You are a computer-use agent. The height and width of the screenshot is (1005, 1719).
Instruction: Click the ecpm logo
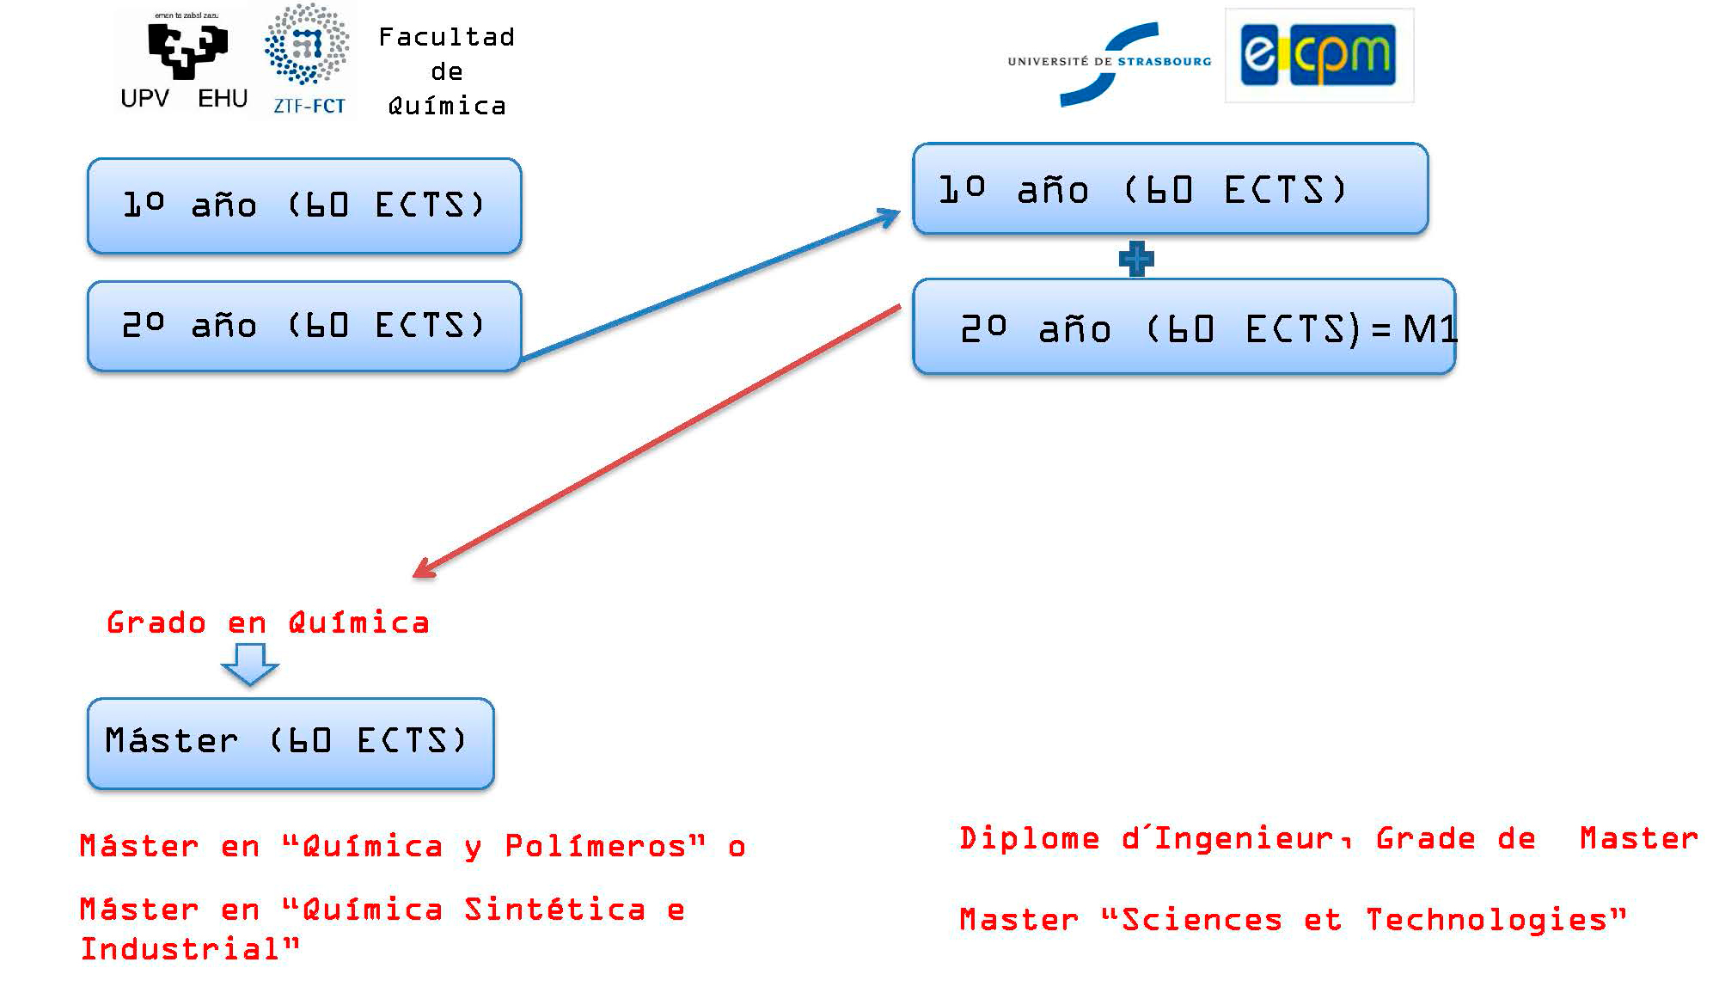(x=1318, y=56)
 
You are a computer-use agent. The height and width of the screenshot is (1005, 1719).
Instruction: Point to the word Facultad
(x=446, y=37)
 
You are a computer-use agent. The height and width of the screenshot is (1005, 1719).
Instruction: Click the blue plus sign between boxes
(x=1136, y=258)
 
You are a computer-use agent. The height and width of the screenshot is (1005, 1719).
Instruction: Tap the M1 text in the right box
(x=1429, y=329)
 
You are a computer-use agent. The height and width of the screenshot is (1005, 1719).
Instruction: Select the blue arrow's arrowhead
(x=890, y=215)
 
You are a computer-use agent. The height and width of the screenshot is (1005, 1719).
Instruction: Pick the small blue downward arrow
(x=250, y=664)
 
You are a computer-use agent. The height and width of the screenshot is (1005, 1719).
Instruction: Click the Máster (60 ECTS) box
(x=291, y=743)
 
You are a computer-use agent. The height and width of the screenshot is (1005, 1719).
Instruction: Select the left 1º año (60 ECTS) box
(x=304, y=205)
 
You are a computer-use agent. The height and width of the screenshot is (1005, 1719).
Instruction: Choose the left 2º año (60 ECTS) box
(x=304, y=326)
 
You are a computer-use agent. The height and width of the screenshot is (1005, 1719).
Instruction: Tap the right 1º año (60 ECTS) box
(x=1170, y=189)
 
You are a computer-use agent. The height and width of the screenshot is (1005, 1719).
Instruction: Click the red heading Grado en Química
(x=267, y=622)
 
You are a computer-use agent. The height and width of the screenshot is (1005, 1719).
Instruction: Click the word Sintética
(x=554, y=910)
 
